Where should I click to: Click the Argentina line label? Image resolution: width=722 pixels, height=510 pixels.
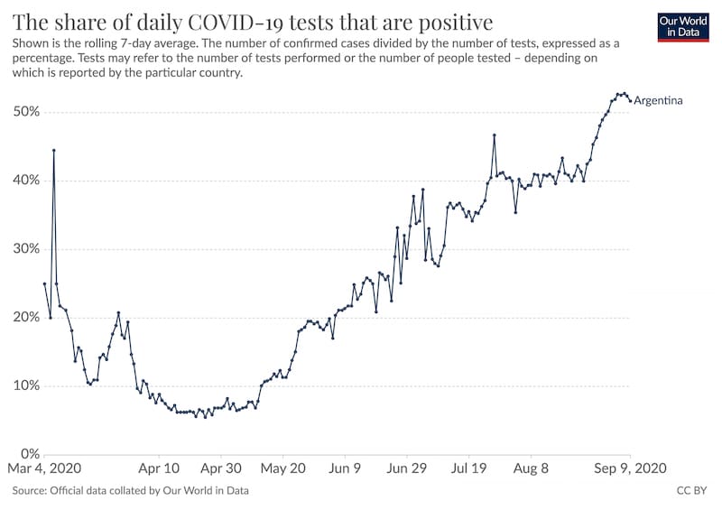[658, 100]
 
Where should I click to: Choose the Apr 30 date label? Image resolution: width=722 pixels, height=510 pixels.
[221, 469]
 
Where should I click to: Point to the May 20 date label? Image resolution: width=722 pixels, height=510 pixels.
[284, 469]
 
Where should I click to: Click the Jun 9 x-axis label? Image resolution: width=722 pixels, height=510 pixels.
[346, 469]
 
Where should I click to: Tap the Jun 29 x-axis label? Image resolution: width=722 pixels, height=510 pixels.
[407, 469]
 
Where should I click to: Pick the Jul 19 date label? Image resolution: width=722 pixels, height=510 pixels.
[468, 469]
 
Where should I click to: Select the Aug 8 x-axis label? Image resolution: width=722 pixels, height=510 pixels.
[531, 469]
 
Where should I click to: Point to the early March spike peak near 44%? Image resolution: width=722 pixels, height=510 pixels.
[53, 150]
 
